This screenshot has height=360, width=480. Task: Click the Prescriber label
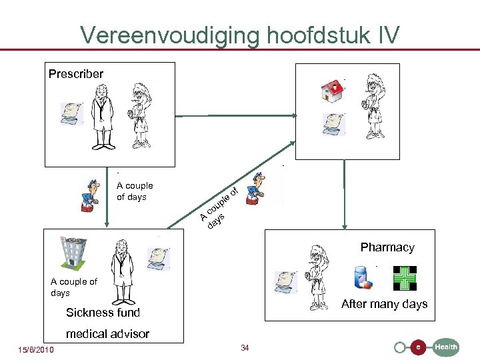[x=76, y=74]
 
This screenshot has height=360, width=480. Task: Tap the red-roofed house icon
[x=331, y=92]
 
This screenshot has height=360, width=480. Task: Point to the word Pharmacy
[x=387, y=247]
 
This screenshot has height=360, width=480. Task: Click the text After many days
[x=384, y=304]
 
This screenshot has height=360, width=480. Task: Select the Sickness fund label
[x=103, y=312]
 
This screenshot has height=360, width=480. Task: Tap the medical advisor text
[x=107, y=333]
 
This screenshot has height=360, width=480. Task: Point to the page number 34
[x=245, y=348]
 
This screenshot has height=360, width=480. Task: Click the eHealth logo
[x=427, y=347]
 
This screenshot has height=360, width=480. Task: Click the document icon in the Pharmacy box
[x=287, y=282]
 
